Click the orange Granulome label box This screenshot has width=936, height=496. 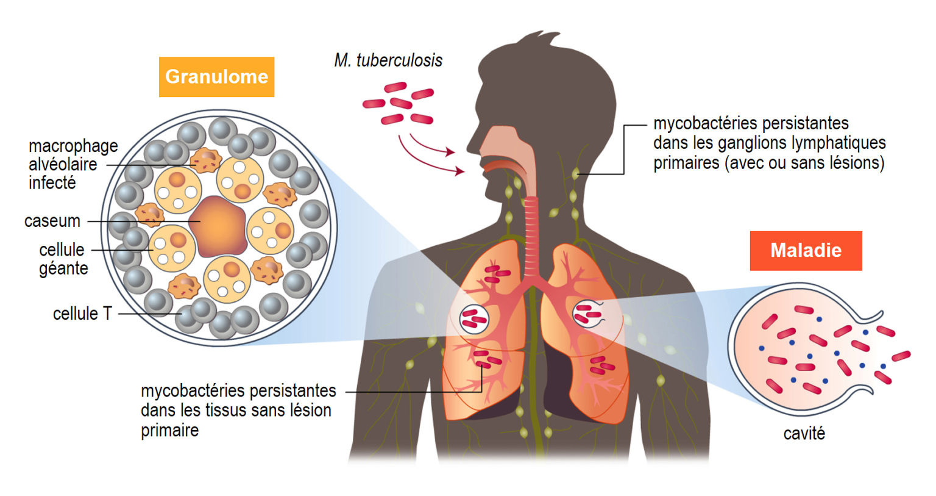tap(216, 77)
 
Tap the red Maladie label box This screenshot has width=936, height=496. tap(806, 251)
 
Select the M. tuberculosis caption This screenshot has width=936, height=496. tap(388, 60)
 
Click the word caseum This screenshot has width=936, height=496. tap(52, 221)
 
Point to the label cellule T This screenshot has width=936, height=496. tap(82, 314)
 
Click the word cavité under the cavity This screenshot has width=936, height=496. tap(804, 433)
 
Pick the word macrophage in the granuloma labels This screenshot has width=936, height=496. tap(73, 146)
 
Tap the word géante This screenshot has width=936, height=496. tap(63, 268)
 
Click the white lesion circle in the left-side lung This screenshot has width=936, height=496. tap(474, 318)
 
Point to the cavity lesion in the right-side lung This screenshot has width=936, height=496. tap(587, 314)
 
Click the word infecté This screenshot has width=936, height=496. tap(52, 183)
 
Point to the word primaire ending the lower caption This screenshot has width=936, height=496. tap(169, 430)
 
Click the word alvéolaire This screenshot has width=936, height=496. tap(63, 165)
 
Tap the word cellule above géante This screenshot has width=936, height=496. tap(62, 250)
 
